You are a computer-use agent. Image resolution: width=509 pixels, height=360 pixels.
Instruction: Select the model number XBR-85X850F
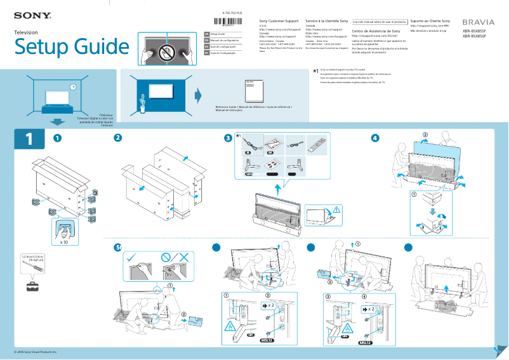475,37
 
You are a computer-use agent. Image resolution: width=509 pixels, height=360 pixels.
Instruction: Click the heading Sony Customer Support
280,22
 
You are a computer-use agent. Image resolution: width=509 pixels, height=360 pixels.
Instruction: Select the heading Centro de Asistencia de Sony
376,30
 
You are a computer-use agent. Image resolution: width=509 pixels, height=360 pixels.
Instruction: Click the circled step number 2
118,138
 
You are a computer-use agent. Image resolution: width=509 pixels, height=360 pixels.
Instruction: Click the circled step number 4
375,138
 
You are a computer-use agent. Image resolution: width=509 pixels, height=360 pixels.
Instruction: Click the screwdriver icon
33,269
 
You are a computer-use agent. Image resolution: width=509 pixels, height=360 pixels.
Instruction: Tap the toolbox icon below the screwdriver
32,286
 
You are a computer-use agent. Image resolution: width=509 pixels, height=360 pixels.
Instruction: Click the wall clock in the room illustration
73,87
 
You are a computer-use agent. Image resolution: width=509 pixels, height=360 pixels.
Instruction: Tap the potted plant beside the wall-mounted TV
143,100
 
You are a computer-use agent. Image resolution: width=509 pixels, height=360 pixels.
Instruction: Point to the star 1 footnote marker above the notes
315,71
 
